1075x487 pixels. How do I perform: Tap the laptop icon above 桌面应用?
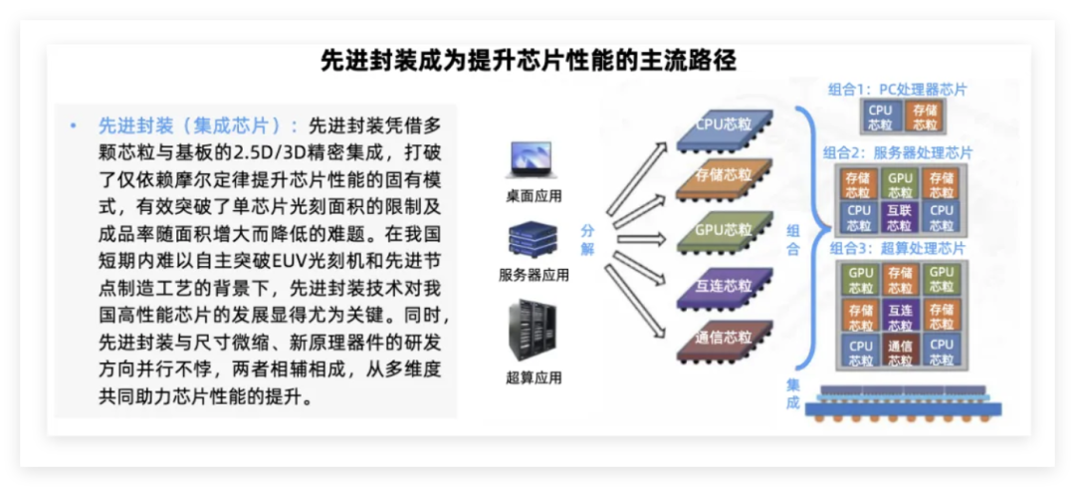(533, 160)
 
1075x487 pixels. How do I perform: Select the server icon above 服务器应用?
(533, 239)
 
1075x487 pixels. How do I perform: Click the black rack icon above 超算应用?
(533, 333)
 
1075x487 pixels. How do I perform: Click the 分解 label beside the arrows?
(587, 240)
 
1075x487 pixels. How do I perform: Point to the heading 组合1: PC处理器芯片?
(897, 90)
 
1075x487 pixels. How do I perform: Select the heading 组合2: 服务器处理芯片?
(897, 152)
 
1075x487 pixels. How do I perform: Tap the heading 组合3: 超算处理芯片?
(897, 247)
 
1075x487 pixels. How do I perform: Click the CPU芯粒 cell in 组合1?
(880, 118)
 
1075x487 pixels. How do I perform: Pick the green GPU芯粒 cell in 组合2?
(900, 184)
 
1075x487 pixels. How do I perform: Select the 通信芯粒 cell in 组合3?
(900, 352)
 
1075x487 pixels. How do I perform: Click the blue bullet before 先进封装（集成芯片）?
(73, 126)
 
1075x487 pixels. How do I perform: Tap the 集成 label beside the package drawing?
(792, 393)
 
